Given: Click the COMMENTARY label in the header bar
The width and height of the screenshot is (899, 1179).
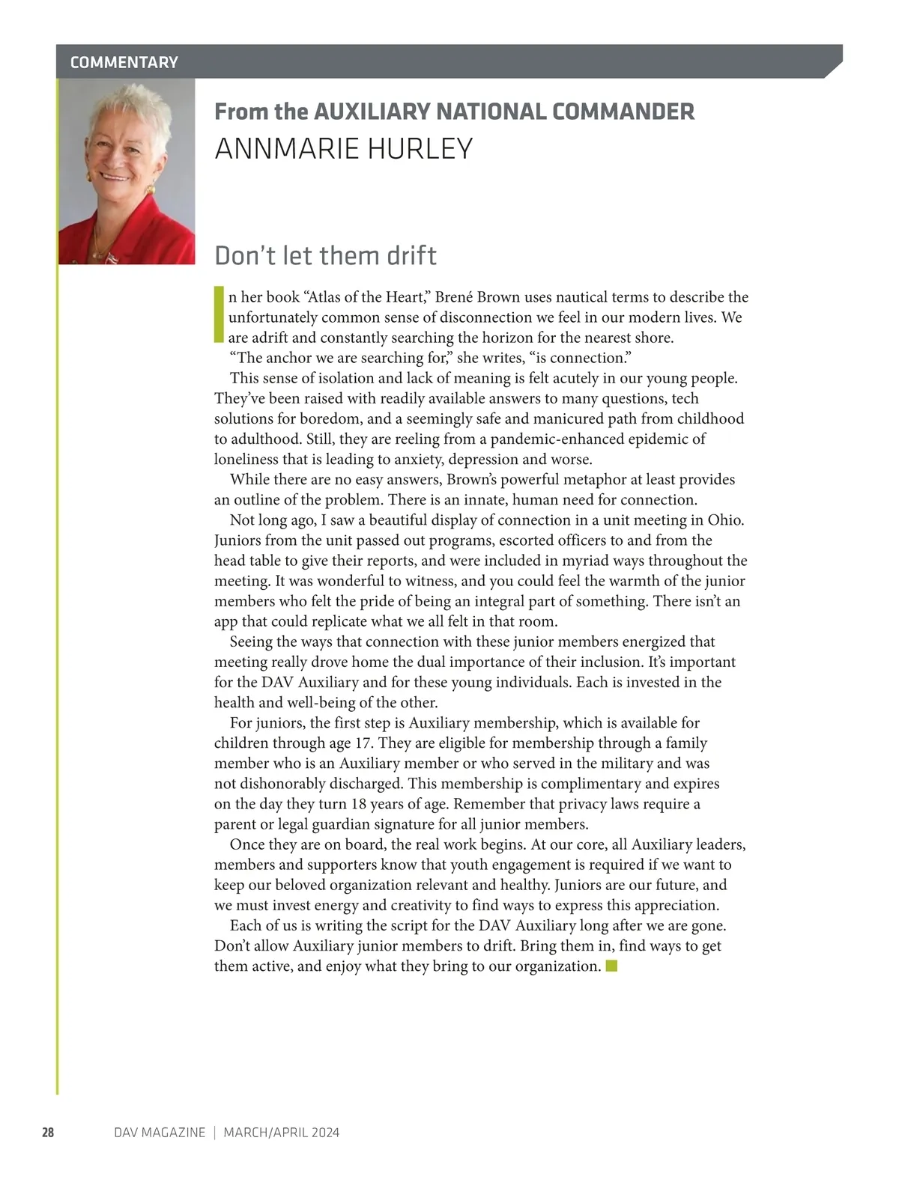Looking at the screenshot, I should point(124,62).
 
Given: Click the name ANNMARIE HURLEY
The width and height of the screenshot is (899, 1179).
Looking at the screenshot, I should point(344,149).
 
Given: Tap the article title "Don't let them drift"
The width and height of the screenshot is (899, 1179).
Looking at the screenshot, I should point(325,256).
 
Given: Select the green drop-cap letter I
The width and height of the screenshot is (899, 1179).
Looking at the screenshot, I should point(219,314).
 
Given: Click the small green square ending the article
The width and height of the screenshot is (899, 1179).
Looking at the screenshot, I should point(611,966).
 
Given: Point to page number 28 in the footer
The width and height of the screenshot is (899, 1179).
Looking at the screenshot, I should point(48,1133).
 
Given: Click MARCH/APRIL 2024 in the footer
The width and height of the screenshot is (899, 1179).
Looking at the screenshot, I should point(282,1133).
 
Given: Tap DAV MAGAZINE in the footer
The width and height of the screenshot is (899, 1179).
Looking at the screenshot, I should point(160,1133).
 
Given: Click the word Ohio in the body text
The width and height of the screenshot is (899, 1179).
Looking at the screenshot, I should point(725,520).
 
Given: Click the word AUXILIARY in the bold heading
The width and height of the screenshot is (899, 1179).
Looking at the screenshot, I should point(372,112).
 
